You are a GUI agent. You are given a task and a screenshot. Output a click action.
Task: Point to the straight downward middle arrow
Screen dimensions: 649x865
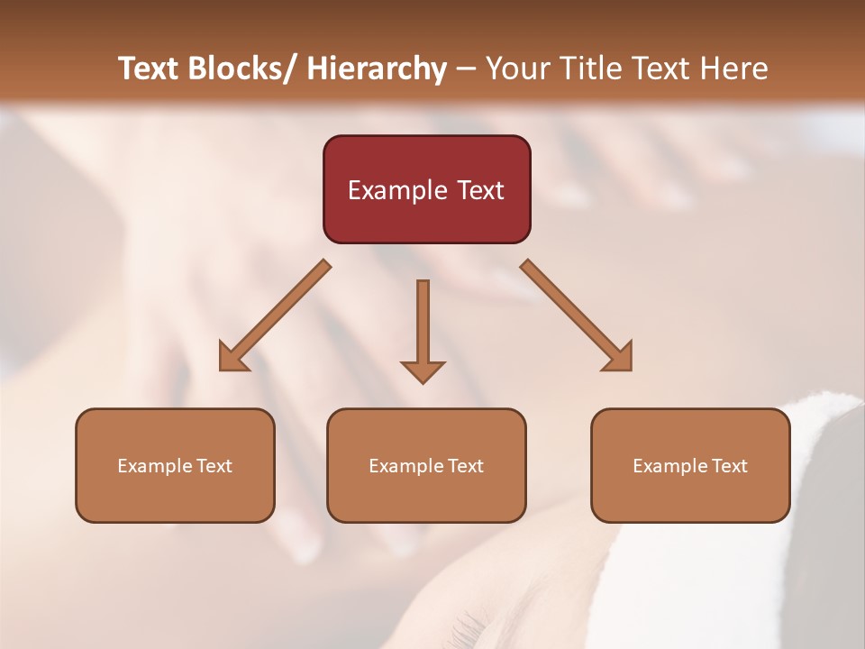coord(423,324)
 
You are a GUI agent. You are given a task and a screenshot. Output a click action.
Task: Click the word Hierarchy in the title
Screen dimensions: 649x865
coord(377,69)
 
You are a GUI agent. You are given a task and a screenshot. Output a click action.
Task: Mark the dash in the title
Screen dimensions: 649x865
coord(466,69)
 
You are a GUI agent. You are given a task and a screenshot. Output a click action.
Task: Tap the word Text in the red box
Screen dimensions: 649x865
coord(479,190)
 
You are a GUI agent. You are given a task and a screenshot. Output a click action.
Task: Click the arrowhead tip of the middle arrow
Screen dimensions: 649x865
coord(423,383)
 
